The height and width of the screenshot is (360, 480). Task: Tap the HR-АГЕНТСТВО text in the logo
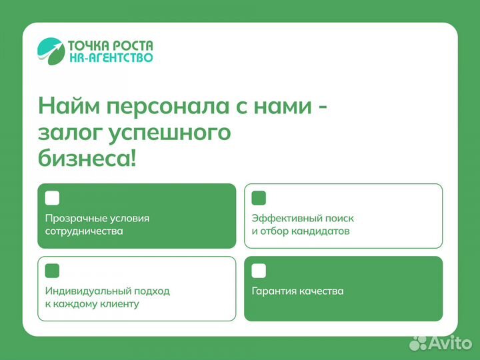[110, 58]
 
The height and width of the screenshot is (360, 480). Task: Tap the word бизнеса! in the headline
[87, 159]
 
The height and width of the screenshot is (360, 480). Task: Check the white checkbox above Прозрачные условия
[52, 198]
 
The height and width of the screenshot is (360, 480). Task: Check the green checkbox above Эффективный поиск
[259, 198]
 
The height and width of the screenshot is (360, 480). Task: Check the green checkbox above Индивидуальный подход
[52, 271]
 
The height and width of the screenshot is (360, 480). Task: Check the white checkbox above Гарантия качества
[259, 271]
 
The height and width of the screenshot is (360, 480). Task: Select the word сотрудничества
[84, 231]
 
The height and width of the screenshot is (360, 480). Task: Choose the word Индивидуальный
[85, 291]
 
